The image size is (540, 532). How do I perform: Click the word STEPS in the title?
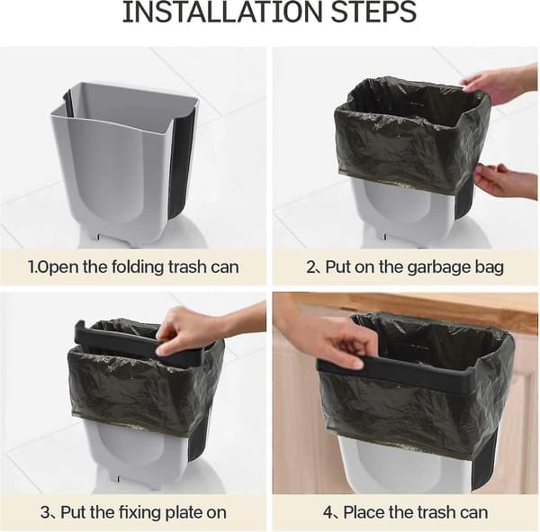pyautogui.click(x=374, y=13)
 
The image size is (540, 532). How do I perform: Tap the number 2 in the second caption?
pyautogui.click(x=311, y=267)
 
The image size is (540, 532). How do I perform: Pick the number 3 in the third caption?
pyautogui.click(x=45, y=512)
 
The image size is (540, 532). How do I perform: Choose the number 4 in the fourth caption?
pyautogui.click(x=328, y=512)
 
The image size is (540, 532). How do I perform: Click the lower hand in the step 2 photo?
pyautogui.click(x=505, y=182)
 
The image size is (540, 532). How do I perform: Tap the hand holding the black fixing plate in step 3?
pyautogui.click(x=193, y=330)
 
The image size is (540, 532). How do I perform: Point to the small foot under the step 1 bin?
pyautogui.click(x=98, y=236)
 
